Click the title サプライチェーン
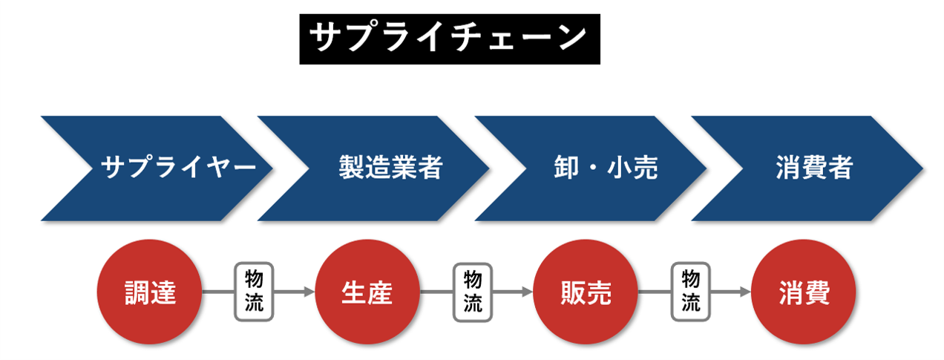[x=449, y=37]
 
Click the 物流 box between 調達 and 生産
[x=254, y=292]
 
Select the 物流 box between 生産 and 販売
[x=472, y=292]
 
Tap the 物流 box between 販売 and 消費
[x=690, y=292]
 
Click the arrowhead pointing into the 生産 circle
[x=310, y=292]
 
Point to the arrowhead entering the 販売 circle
[x=528, y=292]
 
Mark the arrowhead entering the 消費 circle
[x=746, y=292]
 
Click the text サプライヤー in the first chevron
[x=178, y=168]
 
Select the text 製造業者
[x=390, y=168]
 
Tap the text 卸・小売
[x=606, y=168]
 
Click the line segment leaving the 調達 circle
[x=218, y=292]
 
